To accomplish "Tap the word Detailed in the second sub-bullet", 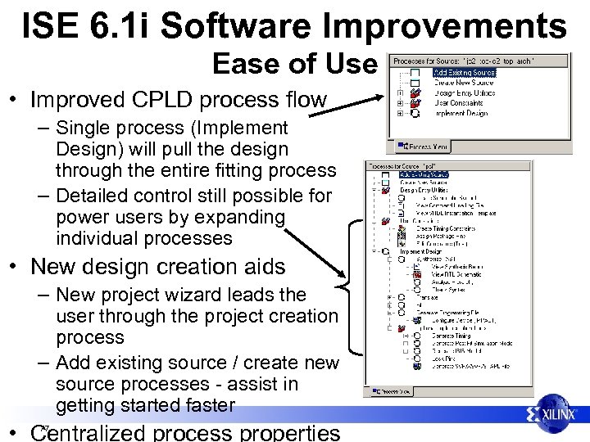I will [x=99, y=196].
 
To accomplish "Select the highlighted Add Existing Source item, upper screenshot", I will [x=465, y=73].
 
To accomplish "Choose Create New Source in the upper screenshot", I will [x=464, y=83].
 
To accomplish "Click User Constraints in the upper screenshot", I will [x=459, y=104].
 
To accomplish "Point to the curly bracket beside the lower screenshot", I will [x=347, y=286].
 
